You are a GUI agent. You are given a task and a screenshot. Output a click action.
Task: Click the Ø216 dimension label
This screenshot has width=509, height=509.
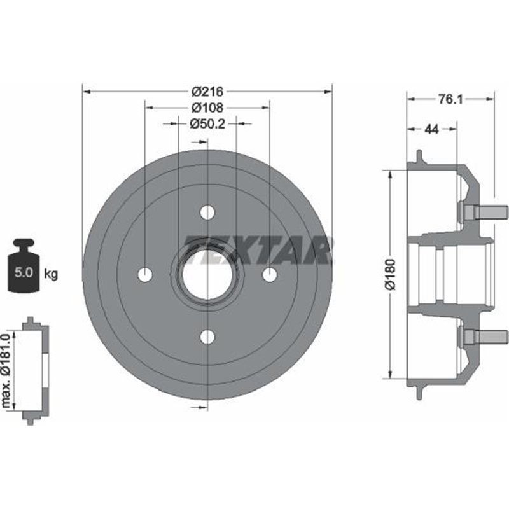point(207,92)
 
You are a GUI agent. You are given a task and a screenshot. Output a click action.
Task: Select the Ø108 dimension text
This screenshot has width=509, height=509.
point(207,108)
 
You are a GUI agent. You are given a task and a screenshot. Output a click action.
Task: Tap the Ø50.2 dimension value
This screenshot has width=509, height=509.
point(207,123)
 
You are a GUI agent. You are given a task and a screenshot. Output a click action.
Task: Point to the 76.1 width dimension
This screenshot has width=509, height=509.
point(450,99)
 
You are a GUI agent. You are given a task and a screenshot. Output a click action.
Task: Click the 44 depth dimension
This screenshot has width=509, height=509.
point(432,129)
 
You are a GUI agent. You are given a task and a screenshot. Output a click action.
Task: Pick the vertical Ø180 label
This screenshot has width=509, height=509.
point(391,274)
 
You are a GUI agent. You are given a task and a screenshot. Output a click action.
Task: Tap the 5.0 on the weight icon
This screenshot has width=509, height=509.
point(24,272)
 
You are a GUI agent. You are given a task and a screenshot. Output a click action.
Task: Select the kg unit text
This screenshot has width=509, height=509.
point(51,274)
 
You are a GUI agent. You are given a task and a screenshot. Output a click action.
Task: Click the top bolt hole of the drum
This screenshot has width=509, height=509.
point(207,213)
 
